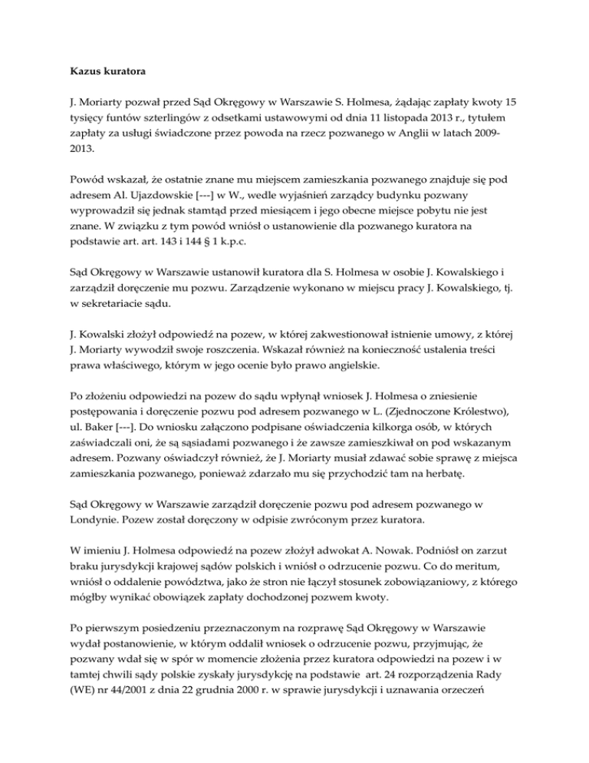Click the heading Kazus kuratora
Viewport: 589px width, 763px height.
pyautogui.click(x=103, y=77)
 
